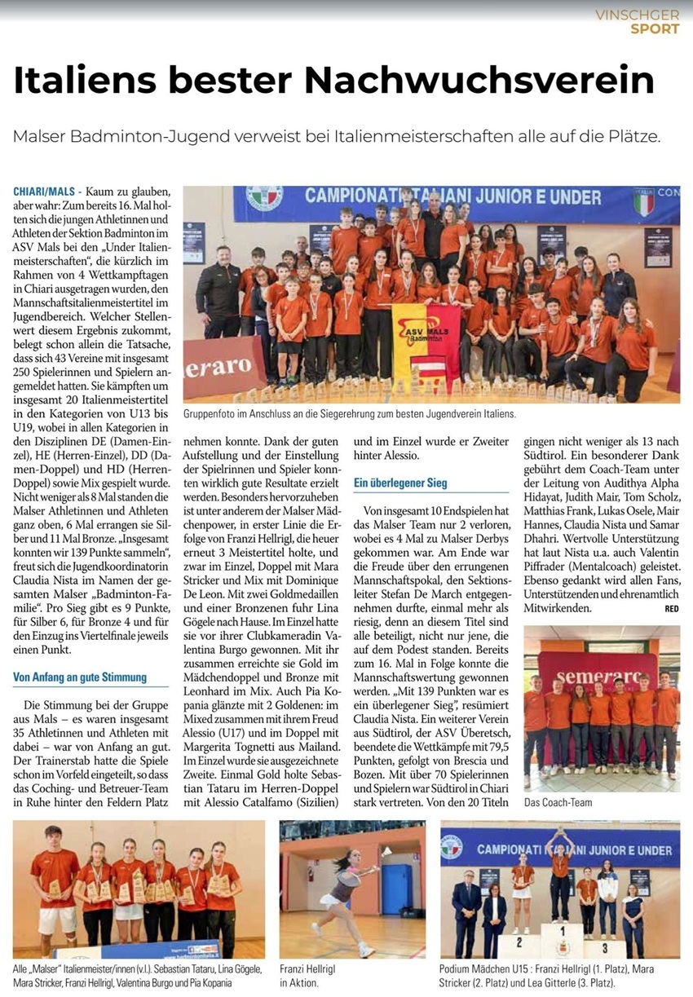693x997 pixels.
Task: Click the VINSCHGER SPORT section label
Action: (637, 22)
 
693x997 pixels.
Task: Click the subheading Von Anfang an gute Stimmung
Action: (80, 677)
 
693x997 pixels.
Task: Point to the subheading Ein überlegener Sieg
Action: (400, 483)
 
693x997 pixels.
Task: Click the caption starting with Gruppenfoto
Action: (349, 414)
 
